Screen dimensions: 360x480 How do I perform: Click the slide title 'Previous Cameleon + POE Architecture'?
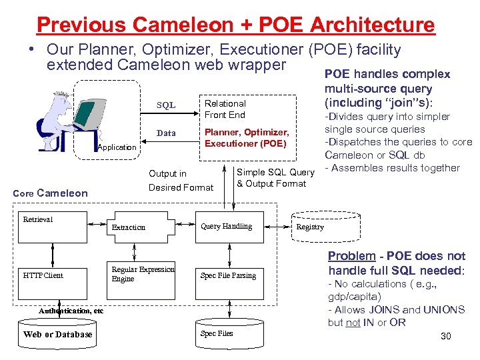(235, 25)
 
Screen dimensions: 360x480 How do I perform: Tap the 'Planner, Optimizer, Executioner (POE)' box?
(246, 138)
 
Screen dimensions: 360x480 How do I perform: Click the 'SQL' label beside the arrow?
(166, 105)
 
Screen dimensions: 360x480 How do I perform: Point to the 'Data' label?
(166, 133)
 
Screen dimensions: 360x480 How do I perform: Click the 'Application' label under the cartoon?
(117, 147)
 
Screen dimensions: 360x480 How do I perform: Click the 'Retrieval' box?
(47, 227)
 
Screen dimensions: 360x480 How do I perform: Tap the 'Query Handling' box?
(227, 227)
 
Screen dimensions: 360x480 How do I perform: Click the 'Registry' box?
(310, 227)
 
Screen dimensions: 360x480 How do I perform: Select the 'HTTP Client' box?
(47, 275)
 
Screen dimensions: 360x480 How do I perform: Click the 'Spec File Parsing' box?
(228, 275)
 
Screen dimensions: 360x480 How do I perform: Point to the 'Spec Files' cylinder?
(217, 333)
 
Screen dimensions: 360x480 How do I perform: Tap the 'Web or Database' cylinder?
(57, 334)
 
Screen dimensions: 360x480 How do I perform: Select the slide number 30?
(446, 336)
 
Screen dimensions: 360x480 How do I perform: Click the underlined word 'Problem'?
(351, 257)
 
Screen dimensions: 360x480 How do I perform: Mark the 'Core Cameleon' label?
(51, 193)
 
